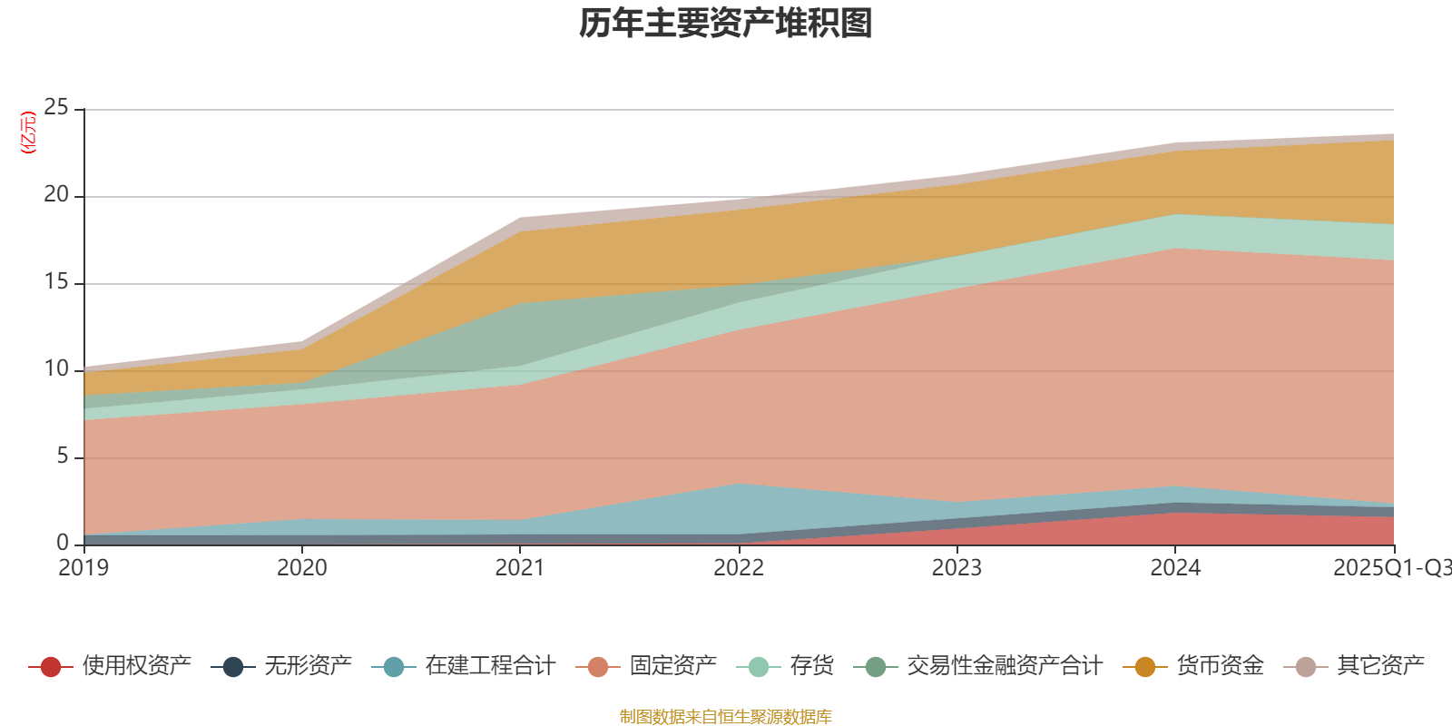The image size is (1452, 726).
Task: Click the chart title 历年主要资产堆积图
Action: pyautogui.click(x=726, y=24)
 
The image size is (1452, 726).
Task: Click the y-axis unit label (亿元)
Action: pyautogui.click(x=28, y=132)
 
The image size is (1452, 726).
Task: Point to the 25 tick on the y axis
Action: pyautogui.click(x=56, y=108)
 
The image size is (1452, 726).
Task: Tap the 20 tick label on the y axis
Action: pyautogui.click(x=56, y=195)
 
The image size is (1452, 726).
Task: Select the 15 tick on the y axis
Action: pyautogui.click(x=56, y=282)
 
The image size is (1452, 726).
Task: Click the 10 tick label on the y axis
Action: pyautogui.click(x=56, y=369)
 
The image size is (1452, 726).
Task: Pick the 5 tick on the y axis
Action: pyautogui.click(x=63, y=456)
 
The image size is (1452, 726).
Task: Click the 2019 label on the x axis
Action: pyautogui.click(x=83, y=568)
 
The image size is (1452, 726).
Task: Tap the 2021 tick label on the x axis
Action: pyautogui.click(x=520, y=568)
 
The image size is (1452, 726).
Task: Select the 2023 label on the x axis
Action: pyautogui.click(x=957, y=568)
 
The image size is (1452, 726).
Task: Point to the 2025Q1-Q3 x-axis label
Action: pyautogui.click(x=1391, y=568)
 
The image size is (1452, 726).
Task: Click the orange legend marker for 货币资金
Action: pyautogui.click(x=1145, y=667)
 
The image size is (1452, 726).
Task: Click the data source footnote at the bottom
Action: pyautogui.click(x=726, y=717)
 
